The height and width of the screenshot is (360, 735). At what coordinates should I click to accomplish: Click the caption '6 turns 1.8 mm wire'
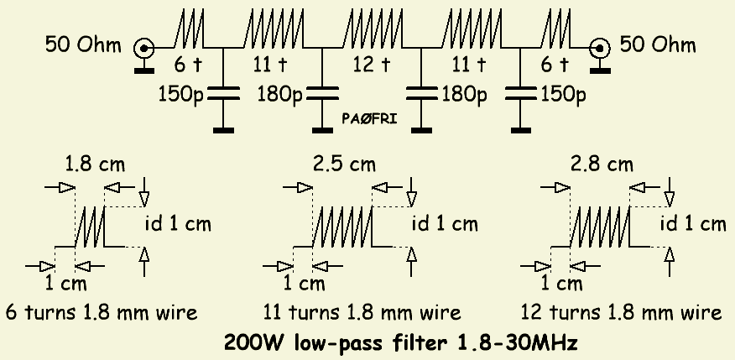click(x=102, y=313)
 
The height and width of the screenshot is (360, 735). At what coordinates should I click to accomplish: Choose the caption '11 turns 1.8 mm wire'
click(x=362, y=313)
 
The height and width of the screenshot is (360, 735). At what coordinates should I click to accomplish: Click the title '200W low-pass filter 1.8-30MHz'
click(x=401, y=342)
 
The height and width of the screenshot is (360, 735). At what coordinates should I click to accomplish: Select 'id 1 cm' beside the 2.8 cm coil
click(x=693, y=224)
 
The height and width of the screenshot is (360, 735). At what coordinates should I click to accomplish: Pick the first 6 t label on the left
click(x=183, y=64)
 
